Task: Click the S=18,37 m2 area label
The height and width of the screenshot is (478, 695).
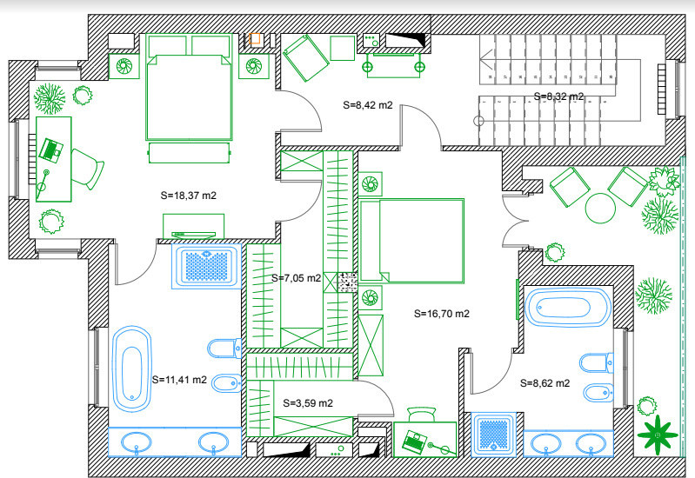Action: pyautogui.click(x=188, y=196)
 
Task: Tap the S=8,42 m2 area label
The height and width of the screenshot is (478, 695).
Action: pyautogui.click(x=367, y=105)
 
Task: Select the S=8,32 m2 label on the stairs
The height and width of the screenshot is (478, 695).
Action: pyautogui.click(x=558, y=96)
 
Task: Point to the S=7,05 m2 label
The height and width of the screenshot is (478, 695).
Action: pyautogui.click(x=297, y=278)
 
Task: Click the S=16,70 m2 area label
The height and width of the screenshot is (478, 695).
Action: pyautogui.click(x=442, y=314)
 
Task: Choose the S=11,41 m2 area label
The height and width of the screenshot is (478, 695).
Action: pyautogui.click(x=179, y=379)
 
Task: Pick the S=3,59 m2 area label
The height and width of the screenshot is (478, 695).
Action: pyautogui.click(x=308, y=402)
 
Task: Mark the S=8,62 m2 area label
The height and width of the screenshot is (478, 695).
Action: pyautogui.click(x=545, y=382)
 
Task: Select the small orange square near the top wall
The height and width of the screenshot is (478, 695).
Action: pyautogui.click(x=256, y=39)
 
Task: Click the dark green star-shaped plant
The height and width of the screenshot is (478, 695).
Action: pyautogui.click(x=658, y=433)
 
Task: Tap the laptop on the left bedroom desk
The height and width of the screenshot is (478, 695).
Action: pyautogui.click(x=52, y=149)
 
